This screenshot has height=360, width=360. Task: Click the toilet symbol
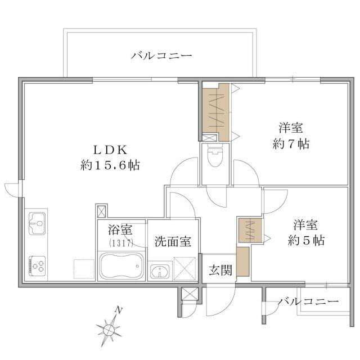click(214, 156)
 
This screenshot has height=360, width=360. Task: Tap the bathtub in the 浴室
click(121, 265)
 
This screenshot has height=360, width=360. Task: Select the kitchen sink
click(37, 223)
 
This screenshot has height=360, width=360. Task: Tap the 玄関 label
click(220, 270)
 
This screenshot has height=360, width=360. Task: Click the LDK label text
click(110, 150)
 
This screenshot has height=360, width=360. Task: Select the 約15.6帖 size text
click(110, 165)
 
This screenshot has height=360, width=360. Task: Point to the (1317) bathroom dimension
click(121, 243)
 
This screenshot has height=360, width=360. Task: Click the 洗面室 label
click(173, 241)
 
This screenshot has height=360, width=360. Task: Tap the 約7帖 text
click(291, 144)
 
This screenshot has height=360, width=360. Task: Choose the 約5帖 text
click(306, 240)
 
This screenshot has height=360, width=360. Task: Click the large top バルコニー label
click(161, 56)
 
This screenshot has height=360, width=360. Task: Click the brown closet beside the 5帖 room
click(250, 230)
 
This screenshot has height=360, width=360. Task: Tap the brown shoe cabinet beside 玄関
click(243, 262)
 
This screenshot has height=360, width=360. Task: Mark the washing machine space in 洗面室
click(185, 268)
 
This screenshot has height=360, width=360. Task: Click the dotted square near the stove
click(84, 269)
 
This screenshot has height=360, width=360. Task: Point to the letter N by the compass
click(119, 310)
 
